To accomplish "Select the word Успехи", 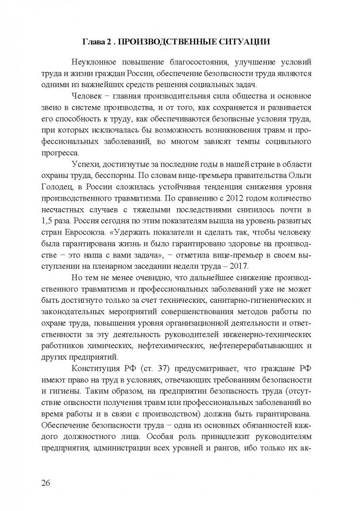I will coord(85,164).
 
